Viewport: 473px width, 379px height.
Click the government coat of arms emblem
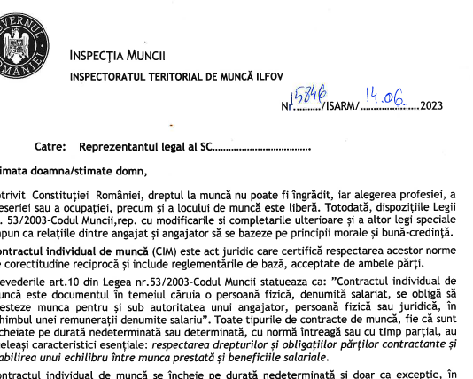coord(19,43)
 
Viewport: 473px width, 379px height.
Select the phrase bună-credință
coord(423,233)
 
